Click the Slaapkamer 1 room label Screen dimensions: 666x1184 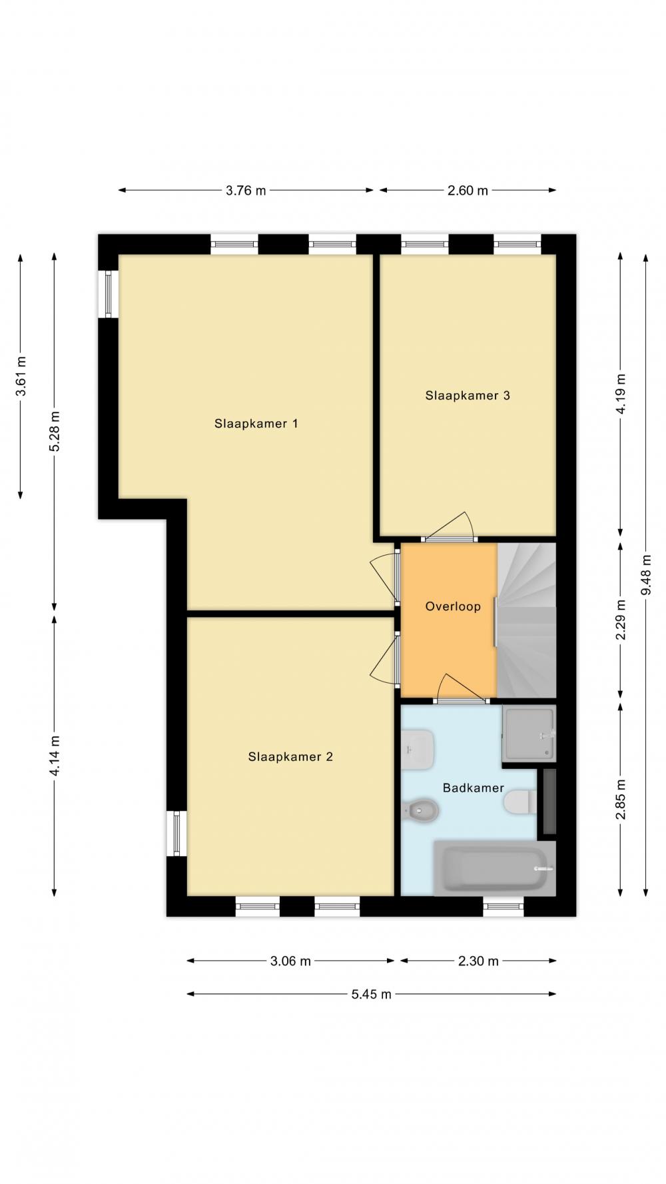[x=256, y=424]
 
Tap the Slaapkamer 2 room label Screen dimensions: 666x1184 [x=290, y=757]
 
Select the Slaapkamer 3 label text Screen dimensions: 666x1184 [x=468, y=396]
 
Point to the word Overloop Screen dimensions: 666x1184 [x=453, y=606]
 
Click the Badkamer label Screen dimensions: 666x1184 [x=473, y=788]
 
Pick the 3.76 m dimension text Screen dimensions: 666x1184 [x=246, y=191]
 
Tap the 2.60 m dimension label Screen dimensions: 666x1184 [x=468, y=191]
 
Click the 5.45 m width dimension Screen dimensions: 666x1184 [x=372, y=994]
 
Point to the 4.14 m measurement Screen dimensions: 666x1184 [x=55, y=756]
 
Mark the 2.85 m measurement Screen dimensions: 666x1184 [x=620, y=800]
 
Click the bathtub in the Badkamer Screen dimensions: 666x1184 [x=494, y=868]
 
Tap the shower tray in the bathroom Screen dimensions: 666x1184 [x=529, y=734]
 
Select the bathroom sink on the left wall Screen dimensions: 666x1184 [x=418, y=750]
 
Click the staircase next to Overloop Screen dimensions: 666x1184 [x=526, y=620]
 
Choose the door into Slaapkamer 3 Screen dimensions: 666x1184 [x=449, y=527]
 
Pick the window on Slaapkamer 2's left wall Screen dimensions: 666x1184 [x=176, y=833]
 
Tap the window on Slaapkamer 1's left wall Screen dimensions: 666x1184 [x=109, y=294]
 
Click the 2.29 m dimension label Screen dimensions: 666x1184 [x=620, y=620]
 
